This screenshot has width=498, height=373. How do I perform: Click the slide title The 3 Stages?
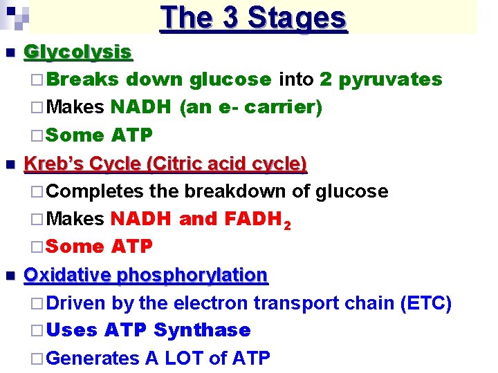tap(253, 17)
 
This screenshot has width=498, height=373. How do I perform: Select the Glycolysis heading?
tap(77, 52)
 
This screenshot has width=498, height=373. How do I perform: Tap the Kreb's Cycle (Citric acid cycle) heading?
tap(165, 164)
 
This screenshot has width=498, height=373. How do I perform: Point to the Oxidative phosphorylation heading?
tap(145, 276)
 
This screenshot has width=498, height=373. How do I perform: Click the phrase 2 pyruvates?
tap(380, 79)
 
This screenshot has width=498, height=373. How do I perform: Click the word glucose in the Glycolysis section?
tap(229, 79)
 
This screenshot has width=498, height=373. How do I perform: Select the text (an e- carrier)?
tap(250, 108)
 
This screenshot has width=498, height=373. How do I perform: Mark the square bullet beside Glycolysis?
tap(8, 52)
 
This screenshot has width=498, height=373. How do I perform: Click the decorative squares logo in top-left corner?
tap(16, 15)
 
